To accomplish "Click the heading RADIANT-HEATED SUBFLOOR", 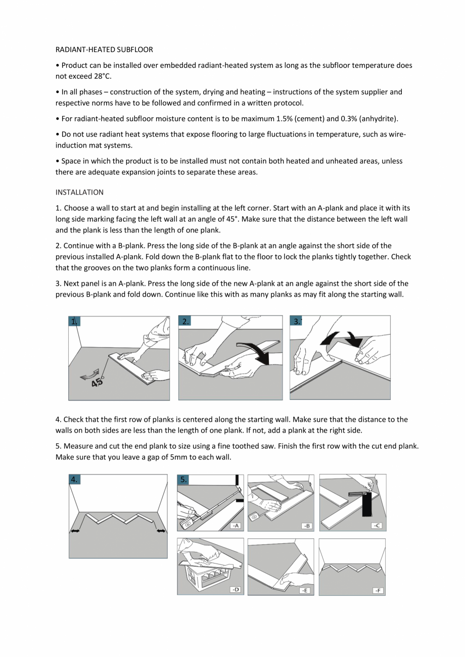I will pos(104,50).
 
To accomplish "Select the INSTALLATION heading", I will pos(79,192).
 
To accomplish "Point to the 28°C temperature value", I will pos(100,76).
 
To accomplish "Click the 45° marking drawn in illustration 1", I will pos(98,382).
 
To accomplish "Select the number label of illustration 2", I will pos(186,321).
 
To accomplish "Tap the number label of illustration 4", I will pos(74,480).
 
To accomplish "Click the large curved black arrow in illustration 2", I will pos(256,352).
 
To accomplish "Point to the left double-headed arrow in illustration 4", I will pos(75,531).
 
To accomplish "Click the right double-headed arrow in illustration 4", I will pos(161,531).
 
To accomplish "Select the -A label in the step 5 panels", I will pos(236,526).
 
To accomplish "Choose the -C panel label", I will pos(377,526).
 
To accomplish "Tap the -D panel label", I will pos(235,589).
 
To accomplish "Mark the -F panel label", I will pos(378,590).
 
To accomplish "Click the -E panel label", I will pos(305,590).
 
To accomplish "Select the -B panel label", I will pos(306,526).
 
